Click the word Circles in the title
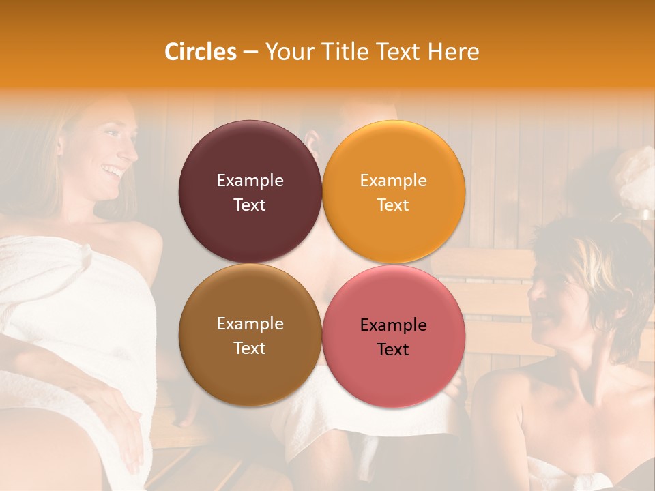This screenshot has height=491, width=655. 200,52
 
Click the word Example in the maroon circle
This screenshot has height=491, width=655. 250,181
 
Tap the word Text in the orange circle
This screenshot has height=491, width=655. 393,205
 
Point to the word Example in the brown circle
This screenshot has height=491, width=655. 250,324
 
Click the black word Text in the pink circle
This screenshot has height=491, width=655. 393,350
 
